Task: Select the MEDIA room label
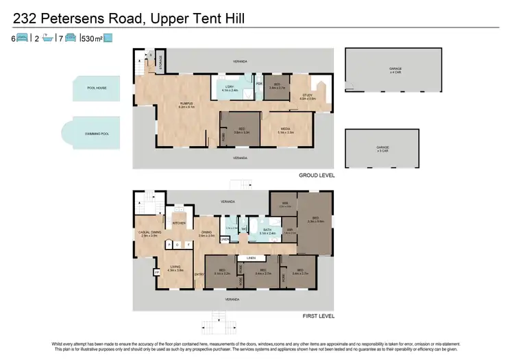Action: tap(286, 130)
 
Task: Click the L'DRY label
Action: tap(230, 87)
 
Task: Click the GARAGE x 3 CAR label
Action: tap(382, 148)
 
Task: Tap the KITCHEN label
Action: tap(179, 224)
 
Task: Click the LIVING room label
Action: tap(175, 268)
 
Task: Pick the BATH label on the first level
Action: tap(267, 231)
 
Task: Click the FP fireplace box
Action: tap(157, 272)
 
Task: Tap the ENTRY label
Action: tap(199, 275)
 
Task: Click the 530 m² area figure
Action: tap(92, 38)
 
